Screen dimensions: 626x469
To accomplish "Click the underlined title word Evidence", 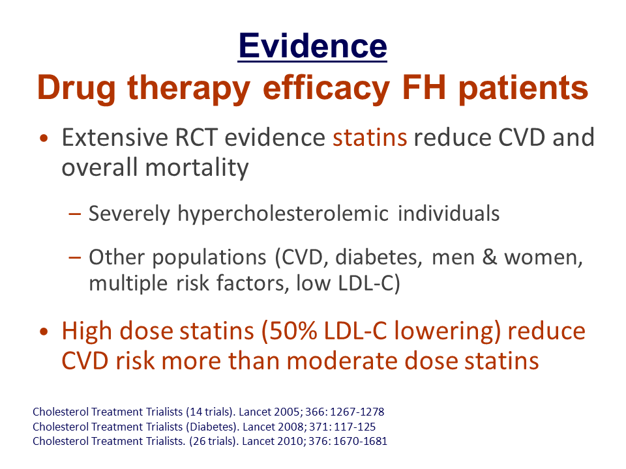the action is coord(312,46).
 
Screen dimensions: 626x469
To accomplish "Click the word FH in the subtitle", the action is coord(424,88).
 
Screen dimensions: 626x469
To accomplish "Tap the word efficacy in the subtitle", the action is coord(326,89).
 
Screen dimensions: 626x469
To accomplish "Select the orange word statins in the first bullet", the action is coord(370,137).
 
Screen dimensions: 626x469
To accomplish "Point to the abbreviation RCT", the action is coord(196,137).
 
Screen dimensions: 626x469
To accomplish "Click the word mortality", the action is coord(197,168).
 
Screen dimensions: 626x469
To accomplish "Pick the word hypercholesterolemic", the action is coord(283,214).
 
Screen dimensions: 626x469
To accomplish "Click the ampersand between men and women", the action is coord(490,257).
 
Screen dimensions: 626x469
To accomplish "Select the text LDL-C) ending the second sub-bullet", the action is coord(369,283).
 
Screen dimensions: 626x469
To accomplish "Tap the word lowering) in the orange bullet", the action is coord(447,332).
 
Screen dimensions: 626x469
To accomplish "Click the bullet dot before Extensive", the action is coord(44,139).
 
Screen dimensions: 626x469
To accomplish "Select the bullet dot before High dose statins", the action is coord(44,332).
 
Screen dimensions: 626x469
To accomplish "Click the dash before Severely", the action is coord(74,214).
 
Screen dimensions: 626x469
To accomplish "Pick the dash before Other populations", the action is coord(74,258).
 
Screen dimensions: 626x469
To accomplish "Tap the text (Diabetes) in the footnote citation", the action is coord(213,427).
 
